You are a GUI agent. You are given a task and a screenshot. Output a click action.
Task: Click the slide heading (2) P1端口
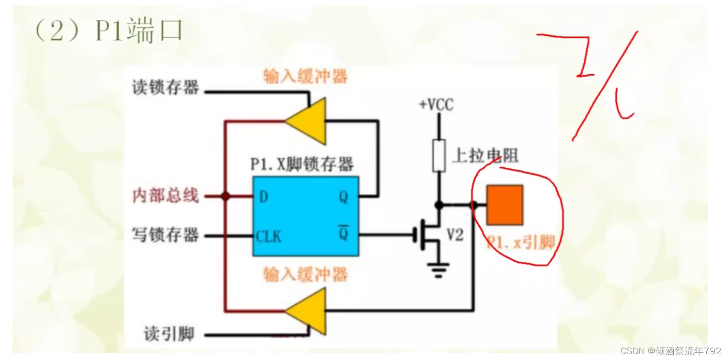(107, 32)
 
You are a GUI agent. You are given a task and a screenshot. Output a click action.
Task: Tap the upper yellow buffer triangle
(308, 121)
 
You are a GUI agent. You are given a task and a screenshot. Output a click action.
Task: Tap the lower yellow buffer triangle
(308, 311)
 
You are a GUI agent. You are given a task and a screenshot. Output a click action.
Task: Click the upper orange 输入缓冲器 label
(305, 76)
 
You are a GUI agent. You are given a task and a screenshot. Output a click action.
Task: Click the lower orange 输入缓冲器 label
(305, 274)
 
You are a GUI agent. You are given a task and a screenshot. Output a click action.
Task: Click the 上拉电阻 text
(485, 155)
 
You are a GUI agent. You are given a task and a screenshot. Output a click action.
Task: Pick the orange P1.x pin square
(505, 205)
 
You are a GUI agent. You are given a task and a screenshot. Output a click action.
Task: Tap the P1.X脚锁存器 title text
(302, 164)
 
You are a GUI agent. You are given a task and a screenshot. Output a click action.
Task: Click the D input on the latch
(264, 196)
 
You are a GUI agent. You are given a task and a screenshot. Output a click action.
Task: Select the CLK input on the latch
(269, 236)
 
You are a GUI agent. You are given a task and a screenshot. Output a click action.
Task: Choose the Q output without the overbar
(343, 196)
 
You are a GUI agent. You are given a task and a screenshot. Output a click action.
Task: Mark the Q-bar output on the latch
(343, 234)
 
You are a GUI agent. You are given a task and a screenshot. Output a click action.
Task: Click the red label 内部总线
(166, 196)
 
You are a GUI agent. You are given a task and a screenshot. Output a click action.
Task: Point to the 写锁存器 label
(166, 235)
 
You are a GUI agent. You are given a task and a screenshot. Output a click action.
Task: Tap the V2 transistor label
(455, 235)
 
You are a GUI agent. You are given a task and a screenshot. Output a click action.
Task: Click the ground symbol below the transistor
(439, 270)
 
